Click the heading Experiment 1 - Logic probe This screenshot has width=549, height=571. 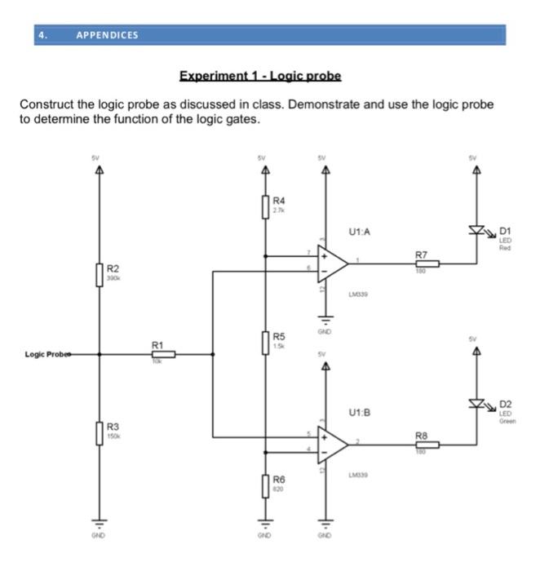260,76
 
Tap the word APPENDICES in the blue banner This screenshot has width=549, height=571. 107,35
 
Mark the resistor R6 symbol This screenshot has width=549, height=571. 265,485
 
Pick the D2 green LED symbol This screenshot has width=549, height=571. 476,403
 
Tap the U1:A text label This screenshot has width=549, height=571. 359,232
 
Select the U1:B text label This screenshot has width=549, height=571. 359,413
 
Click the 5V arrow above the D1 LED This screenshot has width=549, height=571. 476,170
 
